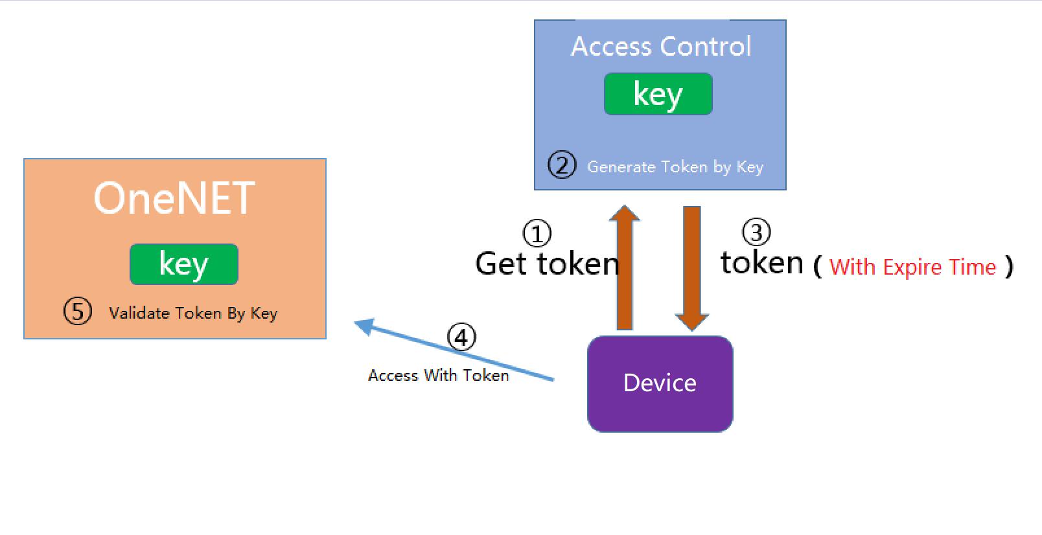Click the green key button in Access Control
(x=658, y=94)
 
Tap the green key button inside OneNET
(x=184, y=264)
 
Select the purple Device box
(x=660, y=384)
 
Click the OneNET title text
(x=174, y=198)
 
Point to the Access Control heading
(x=661, y=47)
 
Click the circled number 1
(x=537, y=233)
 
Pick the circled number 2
(x=562, y=165)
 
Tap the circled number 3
(x=756, y=232)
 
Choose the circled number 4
(x=461, y=337)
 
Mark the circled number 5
(x=78, y=311)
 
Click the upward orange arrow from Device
(x=624, y=267)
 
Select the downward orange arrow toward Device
(x=691, y=269)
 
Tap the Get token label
(x=547, y=264)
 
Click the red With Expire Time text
(x=912, y=267)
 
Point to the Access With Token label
(x=439, y=375)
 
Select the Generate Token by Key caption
(x=675, y=167)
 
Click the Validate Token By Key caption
(x=193, y=313)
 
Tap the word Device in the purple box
(x=660, y=383)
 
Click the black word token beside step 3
(x=762, y=262)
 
